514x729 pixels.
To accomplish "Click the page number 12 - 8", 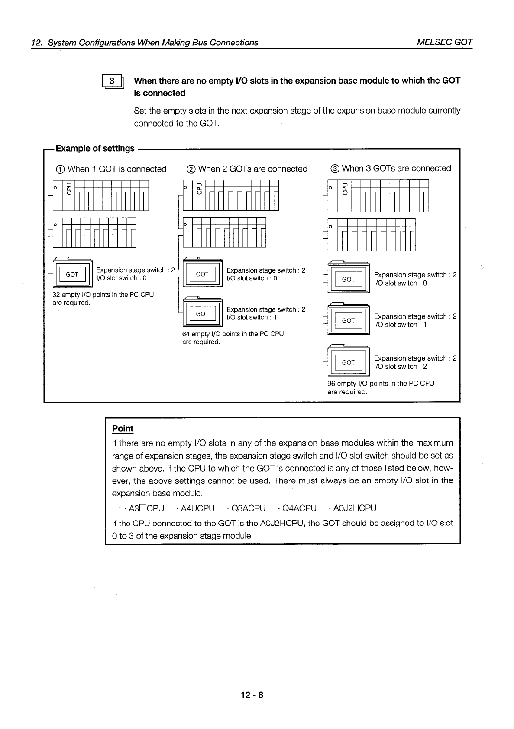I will click(252, 695).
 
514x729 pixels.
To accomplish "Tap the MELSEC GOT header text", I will click(444, 42).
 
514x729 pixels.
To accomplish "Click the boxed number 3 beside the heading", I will click(112, 81).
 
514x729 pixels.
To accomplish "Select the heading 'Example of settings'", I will click(95, 148).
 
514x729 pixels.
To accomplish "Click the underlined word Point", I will click(123, 429).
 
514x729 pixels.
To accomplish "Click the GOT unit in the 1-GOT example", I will click(72, 274).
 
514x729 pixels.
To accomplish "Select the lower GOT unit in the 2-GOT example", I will click(202, 313).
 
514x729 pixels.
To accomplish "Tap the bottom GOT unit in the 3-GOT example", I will click(348, 362).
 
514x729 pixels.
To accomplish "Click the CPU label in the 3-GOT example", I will click(345, 189).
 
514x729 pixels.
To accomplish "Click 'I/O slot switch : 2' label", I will click(401, 367).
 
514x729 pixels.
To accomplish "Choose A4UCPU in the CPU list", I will click(197, 508).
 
